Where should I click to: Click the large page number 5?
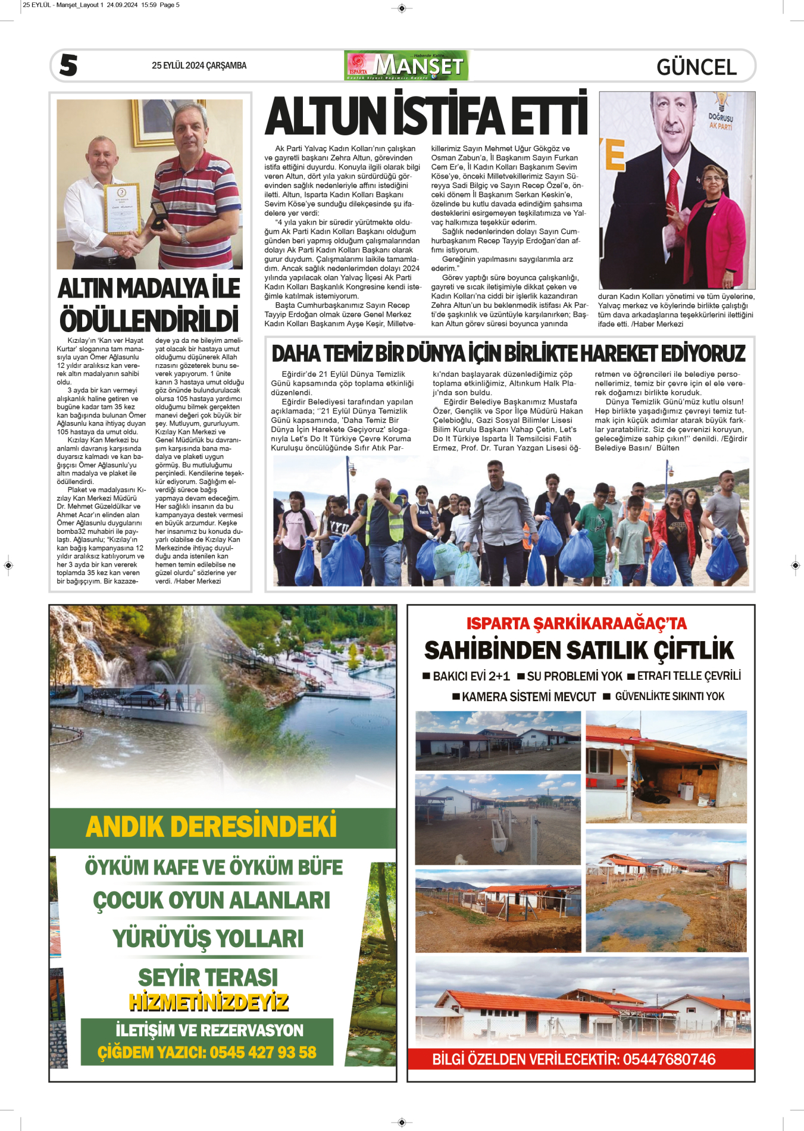point(68,65)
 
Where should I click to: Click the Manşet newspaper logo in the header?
point(406,65)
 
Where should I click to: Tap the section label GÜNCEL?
point(696,67)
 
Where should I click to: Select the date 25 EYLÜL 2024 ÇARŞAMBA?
point(199,65)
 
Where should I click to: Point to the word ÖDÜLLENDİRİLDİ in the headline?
point(149,320)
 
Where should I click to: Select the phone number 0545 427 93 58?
point(263,1052)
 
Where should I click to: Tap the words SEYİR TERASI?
point(208,977)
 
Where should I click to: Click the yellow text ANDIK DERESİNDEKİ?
point(211,827)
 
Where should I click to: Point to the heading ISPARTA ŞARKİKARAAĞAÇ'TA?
point(576,623)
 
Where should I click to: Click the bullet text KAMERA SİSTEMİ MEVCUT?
point(528,696)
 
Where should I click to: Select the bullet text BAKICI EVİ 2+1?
point(471,676)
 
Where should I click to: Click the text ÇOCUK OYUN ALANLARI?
point(211,900)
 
